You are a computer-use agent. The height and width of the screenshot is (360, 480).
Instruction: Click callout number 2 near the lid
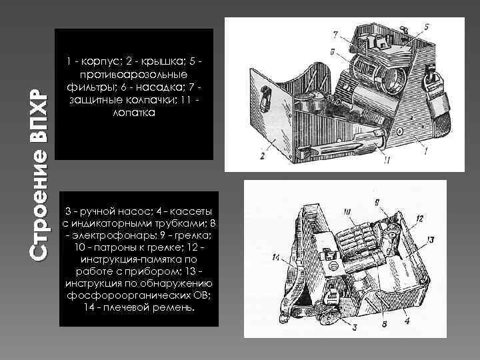tap(263, 155)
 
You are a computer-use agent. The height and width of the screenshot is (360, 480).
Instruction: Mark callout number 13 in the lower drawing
tap(431, 239)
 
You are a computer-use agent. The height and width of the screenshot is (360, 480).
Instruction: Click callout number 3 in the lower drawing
tap(354, 327)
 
